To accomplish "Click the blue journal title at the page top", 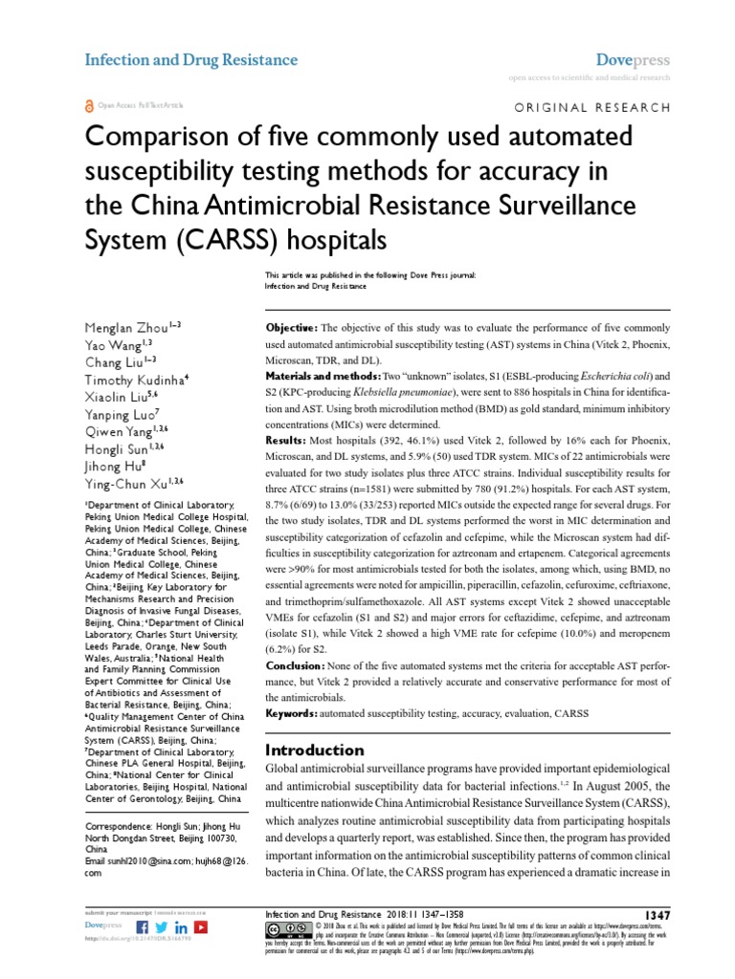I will (x=191, y=59).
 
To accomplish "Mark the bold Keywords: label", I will (x=291, y=713).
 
